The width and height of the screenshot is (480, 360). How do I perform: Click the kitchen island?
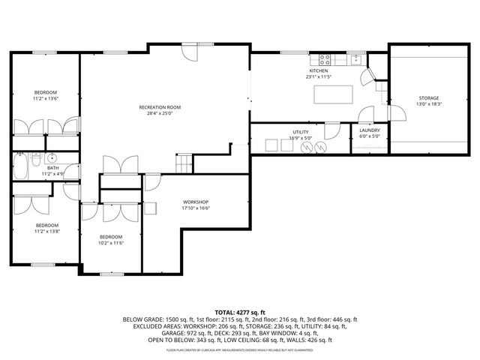coord(334,94)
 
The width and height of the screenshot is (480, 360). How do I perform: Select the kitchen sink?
coord(355,58)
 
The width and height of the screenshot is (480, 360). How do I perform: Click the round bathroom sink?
coord(51,159)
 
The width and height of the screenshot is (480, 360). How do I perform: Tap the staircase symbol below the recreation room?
coord(184,162)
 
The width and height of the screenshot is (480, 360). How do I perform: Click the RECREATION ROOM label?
coord(160,107)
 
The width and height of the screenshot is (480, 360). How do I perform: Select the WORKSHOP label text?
coord(196,202)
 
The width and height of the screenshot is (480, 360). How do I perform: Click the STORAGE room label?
coord(429,98)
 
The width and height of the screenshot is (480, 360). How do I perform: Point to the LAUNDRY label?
coord(369,130)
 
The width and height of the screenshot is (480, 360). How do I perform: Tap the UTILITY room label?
coord(300,132)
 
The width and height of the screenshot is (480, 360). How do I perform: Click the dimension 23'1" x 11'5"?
coord(318,76)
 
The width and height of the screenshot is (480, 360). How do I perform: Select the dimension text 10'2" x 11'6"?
coord(111,242)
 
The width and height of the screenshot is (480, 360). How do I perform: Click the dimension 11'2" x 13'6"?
coord(45,98)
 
